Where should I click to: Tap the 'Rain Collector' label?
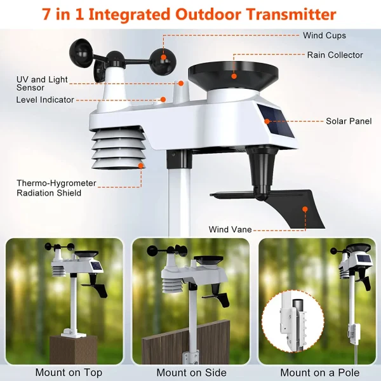(x=335, y=55)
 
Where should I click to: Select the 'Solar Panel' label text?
(x=349, y=121)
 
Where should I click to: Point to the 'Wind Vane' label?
(x=229, y=229)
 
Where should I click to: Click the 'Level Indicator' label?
(x=45, y=100)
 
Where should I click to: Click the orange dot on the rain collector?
(x=233, y=76)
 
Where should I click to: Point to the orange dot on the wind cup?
(x=163, y=58)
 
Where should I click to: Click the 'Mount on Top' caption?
(x=69, y=373)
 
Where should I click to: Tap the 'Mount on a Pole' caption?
(x=319, y=373)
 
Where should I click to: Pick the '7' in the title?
(x=48, y=13)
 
